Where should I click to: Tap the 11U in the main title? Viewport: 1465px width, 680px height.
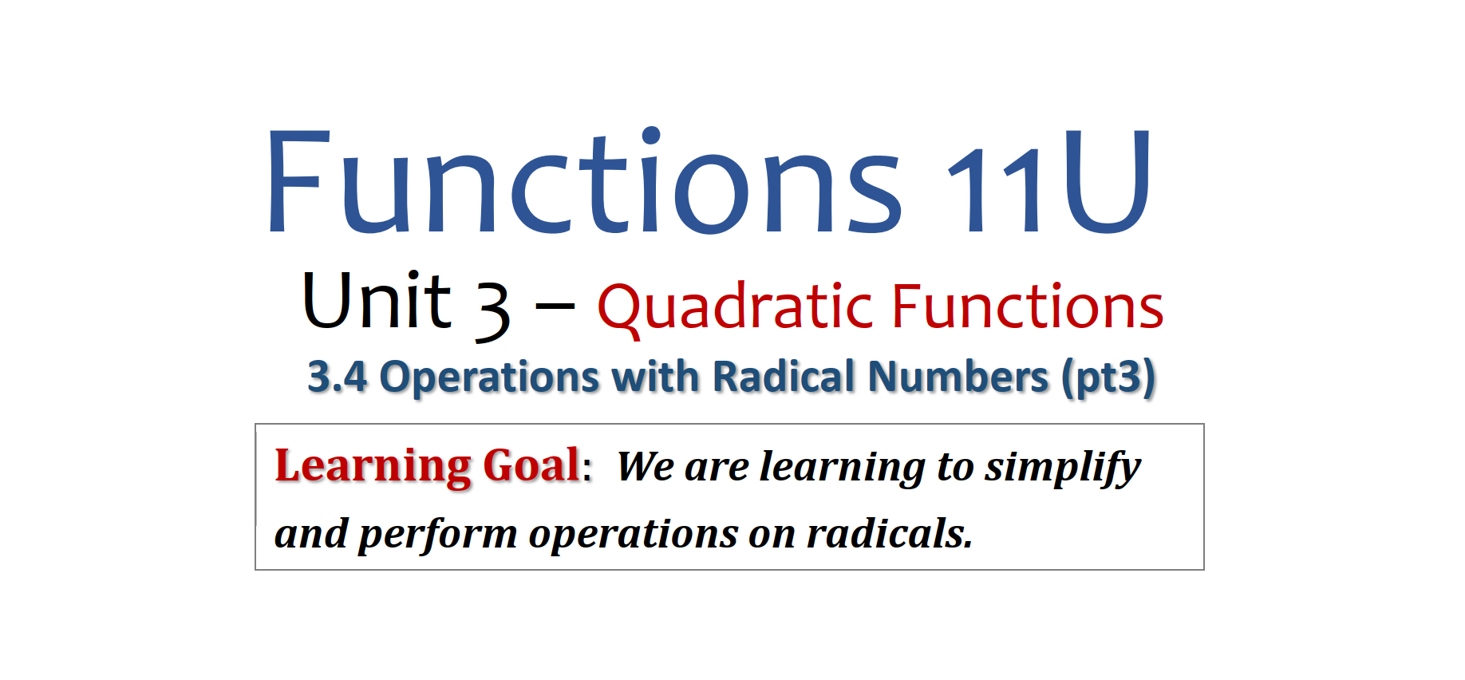(1049, 182)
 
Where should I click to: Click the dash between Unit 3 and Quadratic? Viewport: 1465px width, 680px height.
(555, 306)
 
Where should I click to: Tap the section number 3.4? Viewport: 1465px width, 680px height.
(338, 377)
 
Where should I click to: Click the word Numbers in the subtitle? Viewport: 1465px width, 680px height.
(958, 377)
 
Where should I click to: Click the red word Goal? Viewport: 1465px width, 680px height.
(531, 465)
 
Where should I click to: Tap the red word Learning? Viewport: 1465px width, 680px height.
(373, 467)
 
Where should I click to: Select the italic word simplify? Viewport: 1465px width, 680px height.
(1062, 468)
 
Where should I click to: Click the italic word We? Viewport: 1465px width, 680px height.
(645, 467)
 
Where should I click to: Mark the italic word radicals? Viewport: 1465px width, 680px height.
(889, 534)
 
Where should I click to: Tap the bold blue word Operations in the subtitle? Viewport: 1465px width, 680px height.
(489, 378)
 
